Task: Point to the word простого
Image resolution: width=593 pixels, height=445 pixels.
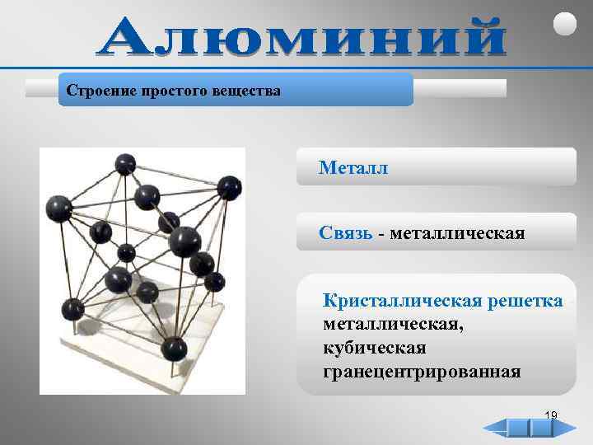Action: [161, 89]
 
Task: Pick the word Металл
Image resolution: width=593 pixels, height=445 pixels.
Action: [353, 168]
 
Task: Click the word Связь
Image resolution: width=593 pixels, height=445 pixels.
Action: [346, 233]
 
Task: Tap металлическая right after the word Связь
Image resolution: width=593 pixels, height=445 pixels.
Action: [457, 233]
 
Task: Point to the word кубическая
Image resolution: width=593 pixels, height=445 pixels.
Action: [375, 348]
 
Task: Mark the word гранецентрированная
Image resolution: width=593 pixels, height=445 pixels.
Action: [422, 372]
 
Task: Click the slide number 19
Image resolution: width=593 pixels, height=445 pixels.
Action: [551, 415]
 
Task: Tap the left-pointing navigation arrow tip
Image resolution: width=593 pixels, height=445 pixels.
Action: [486, 429]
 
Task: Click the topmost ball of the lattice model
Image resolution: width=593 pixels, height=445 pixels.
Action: [125, 163]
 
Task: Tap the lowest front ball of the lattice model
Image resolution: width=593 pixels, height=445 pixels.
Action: [173, 348]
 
